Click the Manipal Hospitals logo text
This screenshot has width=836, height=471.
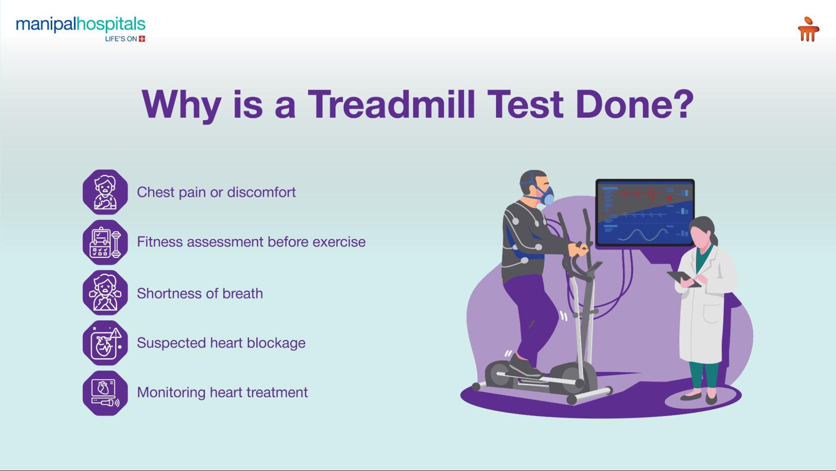click(81, 25)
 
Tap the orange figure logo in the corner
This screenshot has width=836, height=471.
click(808, 29)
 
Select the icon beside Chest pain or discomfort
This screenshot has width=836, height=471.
click(105, 192)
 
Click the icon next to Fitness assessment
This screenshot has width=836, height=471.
click(105, 242)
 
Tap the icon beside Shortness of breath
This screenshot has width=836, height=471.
click(105, 293)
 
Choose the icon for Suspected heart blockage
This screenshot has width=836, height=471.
click(105, 343)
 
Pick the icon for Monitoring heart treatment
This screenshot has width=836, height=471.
click(105, 393)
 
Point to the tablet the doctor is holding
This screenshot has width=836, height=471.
click(683, 279)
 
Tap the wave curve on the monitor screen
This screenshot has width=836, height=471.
click(643, 235)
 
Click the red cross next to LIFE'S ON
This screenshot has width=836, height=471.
click(142, 39)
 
